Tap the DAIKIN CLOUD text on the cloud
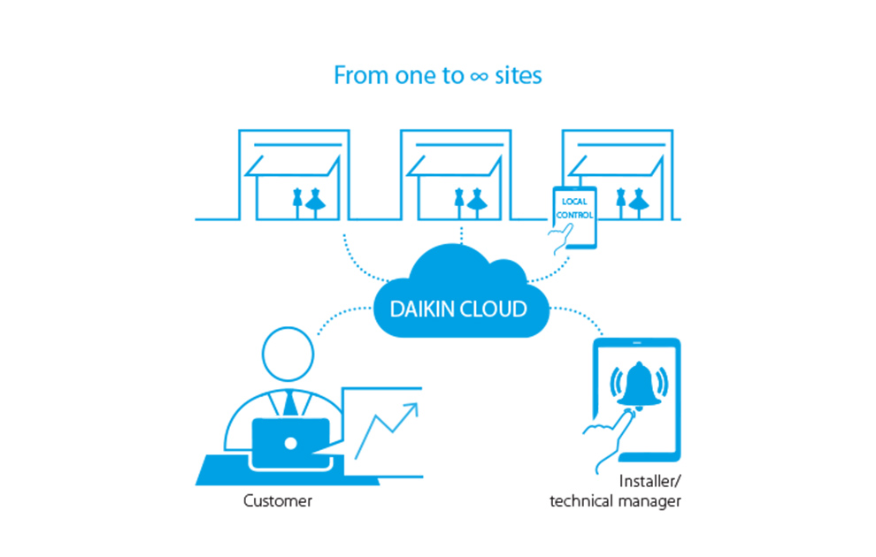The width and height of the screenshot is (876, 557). (459, 309)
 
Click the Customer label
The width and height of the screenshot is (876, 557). (278, 501)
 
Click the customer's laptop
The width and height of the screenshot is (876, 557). (291, 439)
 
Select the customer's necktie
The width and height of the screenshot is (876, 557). (290, 402)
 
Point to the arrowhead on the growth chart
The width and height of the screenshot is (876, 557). (411, 410)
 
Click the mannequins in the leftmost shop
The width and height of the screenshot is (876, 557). (305, 202)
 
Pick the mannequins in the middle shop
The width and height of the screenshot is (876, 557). (469, 202)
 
